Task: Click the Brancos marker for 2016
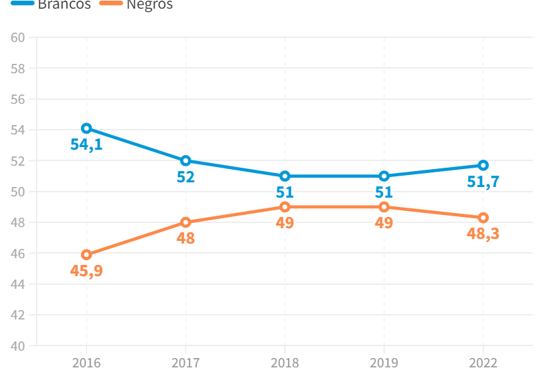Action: pyautogui.click(x=86, y=128)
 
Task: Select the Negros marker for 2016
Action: pyautogui.click(x=86, y=255)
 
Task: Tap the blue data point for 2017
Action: pyautogui.click(x=186, y=160)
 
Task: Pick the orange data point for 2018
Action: pyautogui.click(x=285, y=207)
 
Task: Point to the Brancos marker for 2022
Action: pyautogui.click(x=483, y=165)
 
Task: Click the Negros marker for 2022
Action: pyautogui.click(x=483, y=218)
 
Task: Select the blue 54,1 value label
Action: pyautogui.click(x=86, y=144)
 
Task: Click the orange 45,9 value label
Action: pyautogui.click(x=86, y=271)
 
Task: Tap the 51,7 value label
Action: pyautogui.click(x=483, y=182)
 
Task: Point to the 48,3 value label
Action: pyautogui.click(x=483, y=234)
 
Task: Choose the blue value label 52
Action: pyautogui.click(x=186, y=177)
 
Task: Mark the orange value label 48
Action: pyautogui.click(x=186, y=238)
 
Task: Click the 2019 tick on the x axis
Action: pyautogui.click(x=384, y=363)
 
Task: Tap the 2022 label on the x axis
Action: pyautogui.click(x=483, y=363)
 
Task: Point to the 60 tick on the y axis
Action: pyautogui.click(x=18, y=37)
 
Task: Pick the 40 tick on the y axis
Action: pyautogui.click(x=18, y=346)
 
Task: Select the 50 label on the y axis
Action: pyautogui.click(x=18, y=192)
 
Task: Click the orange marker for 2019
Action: pyautogui.click(x=384, y=207)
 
